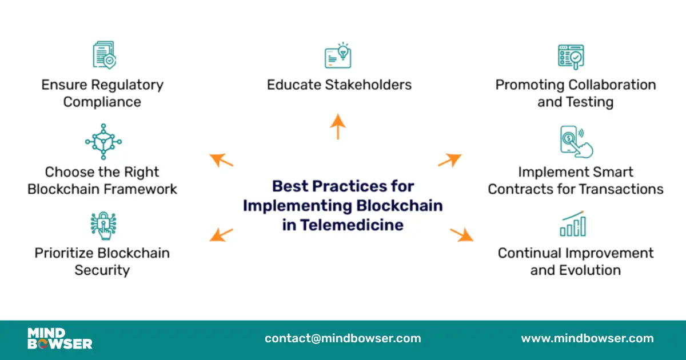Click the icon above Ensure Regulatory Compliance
pos(104,55)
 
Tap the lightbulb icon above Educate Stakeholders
pos(338,55)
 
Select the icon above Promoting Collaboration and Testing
pos(571,57)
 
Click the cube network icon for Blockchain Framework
pos(103,141)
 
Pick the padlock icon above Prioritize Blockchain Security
pos(103,225)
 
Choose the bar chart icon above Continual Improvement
pos(573,223)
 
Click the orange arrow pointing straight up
pos(338,126)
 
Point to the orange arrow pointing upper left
pos(221,160)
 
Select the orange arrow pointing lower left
pos(221,235)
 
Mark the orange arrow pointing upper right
pos(450,160)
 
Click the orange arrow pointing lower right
pos(462,234)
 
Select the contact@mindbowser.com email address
pos(342,338)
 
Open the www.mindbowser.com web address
pos(587,338)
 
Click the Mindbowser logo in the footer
pos(59,338)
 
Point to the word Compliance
pos(102,102)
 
